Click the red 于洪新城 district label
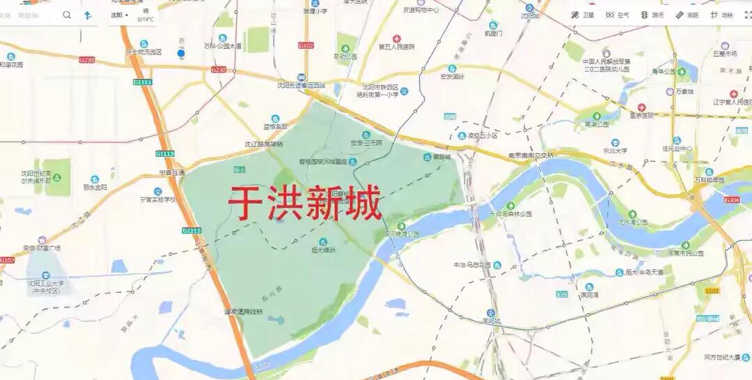click(x=305, y=203)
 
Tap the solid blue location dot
click(x=181, y=53)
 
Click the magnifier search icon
click(x=67, y=15)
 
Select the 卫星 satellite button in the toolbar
click(x=583, y=15)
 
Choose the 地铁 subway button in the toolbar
click(x=721, y=15)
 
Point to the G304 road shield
click(x=732, y=200)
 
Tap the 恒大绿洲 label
click(x=324, y=249)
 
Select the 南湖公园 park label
click(x=597, y=124)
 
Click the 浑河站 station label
click(x=492, y=321)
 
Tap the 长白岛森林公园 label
click(x=510, y=213)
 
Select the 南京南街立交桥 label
click(x=531, y=155)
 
